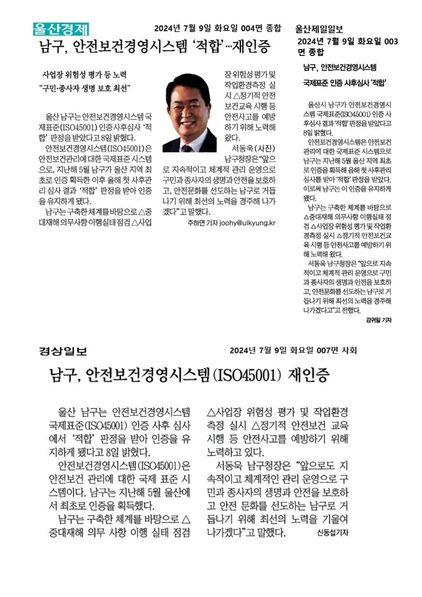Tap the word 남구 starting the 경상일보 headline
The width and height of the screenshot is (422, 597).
click(63, 376)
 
